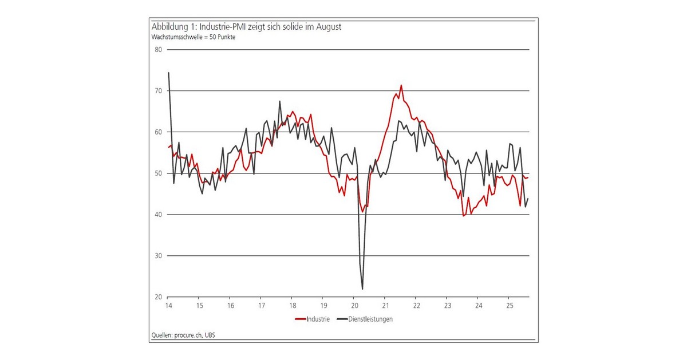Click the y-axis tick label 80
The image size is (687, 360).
tap(159, 50)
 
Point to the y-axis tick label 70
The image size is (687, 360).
tap(159, 91)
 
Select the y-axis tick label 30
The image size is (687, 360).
tap(159, 256)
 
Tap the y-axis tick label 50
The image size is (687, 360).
tap(159, 173)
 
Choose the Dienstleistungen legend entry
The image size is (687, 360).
tap(370, 319)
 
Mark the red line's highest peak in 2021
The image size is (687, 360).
tap(401, 85)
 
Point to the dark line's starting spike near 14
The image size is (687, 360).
tap(168, 73)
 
